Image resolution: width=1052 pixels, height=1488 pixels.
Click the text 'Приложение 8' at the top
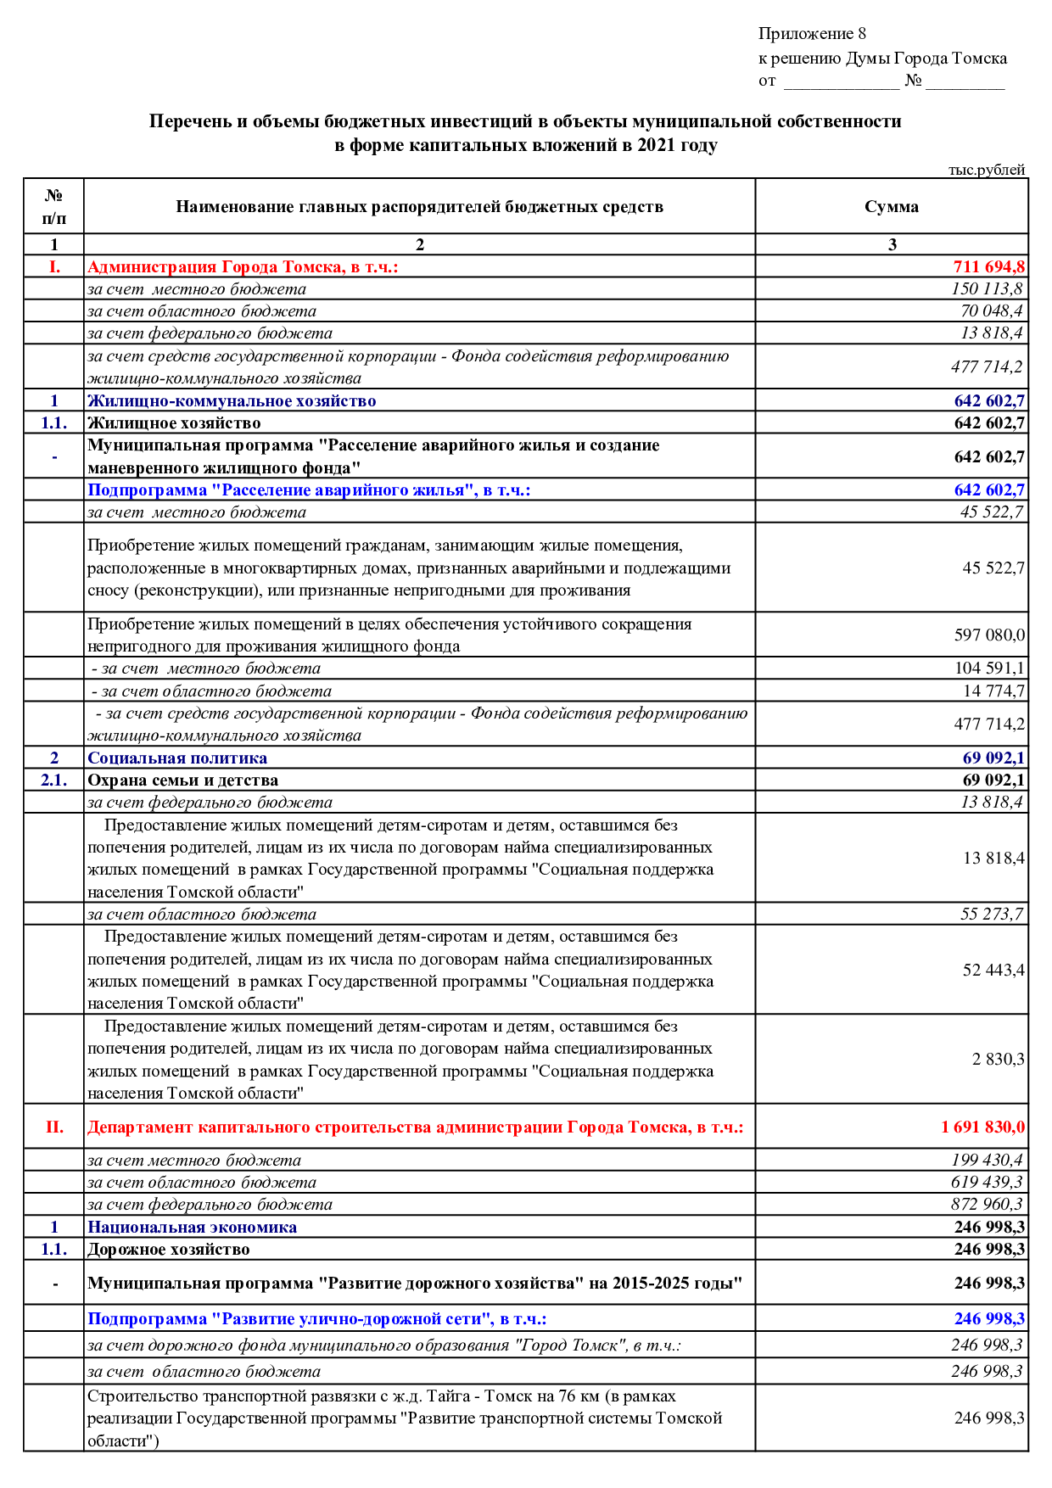812,34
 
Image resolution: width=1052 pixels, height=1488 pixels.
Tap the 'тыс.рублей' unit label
986,170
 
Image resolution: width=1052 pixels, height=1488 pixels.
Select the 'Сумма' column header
891,207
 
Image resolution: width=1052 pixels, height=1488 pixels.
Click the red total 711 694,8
988,267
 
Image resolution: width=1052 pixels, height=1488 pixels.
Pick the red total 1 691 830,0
982,1127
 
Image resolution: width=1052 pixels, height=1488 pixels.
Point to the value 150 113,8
987,289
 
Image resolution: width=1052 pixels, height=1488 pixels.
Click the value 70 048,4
991,311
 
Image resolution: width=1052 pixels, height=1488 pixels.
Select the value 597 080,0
989,635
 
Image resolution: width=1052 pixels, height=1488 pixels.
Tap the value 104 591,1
989,668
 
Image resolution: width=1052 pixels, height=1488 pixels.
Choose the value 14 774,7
993,691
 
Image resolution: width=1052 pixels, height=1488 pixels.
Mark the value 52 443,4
993,971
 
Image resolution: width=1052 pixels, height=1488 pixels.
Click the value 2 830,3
998,1060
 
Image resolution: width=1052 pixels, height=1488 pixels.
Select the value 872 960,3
987,1205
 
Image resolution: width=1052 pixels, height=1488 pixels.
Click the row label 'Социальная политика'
177,758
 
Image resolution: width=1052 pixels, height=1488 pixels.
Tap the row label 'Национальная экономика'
193,1228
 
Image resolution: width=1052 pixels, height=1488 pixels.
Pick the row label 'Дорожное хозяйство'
169,1250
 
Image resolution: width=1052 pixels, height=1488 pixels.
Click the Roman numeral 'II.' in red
54,1127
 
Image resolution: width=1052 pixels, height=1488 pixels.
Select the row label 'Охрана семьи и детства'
183,780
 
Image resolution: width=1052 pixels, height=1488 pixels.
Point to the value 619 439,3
987,1183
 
